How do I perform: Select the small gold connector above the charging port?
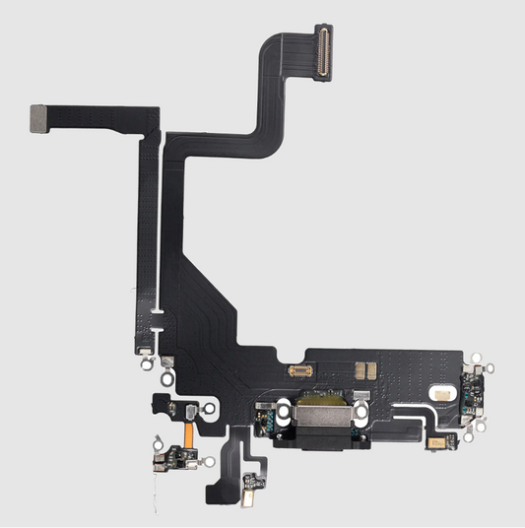(x=300, y=371)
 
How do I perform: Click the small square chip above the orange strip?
(x=185, y=407)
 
